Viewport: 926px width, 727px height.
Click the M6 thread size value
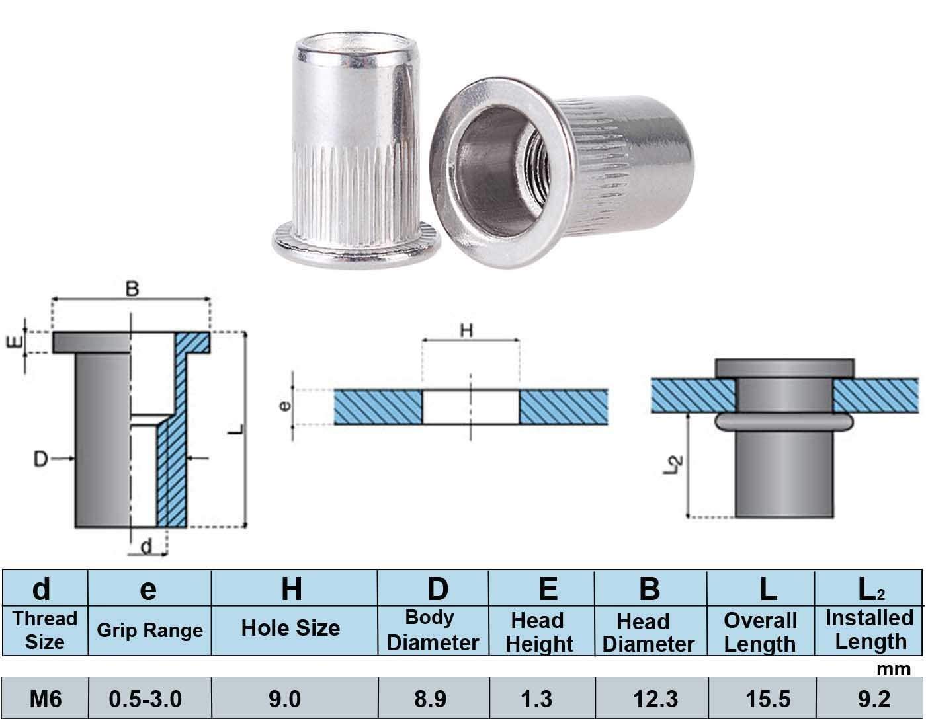pyautogui.click(x=46, y=699)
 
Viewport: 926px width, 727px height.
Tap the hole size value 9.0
pyautogui.click(x=284, y=699)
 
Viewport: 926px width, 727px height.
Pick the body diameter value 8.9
pyautogui.click(x=431, y=699)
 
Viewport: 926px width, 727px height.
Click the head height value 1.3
pyautogui.click(x=537, y=699)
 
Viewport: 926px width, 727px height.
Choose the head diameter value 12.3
pyautogui.click(x=656, y=699)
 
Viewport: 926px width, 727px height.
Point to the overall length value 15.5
pyautogui.click(x=768, y=699)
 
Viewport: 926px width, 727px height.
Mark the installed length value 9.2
pyautogui.click(x=874, y=699)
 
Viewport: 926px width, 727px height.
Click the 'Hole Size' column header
pyautogui.click(x=290, y=628)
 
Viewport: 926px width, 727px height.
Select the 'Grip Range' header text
pyautogui.click(x=149, y=630)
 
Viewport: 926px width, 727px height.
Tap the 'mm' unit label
pyautogui.click(x=894, y=669)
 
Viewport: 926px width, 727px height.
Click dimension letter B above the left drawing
pyautogui.click(x=132, y=289)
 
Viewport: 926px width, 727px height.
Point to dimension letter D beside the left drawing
pyautogui.click(x=41, y=458)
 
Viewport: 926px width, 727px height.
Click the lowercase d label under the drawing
pyautogui.click(x=147, y=546)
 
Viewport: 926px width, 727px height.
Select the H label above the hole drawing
pyautogui.click(x=467, y=330)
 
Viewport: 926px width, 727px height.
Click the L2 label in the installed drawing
pyautogui.click(x=672, y=465)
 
